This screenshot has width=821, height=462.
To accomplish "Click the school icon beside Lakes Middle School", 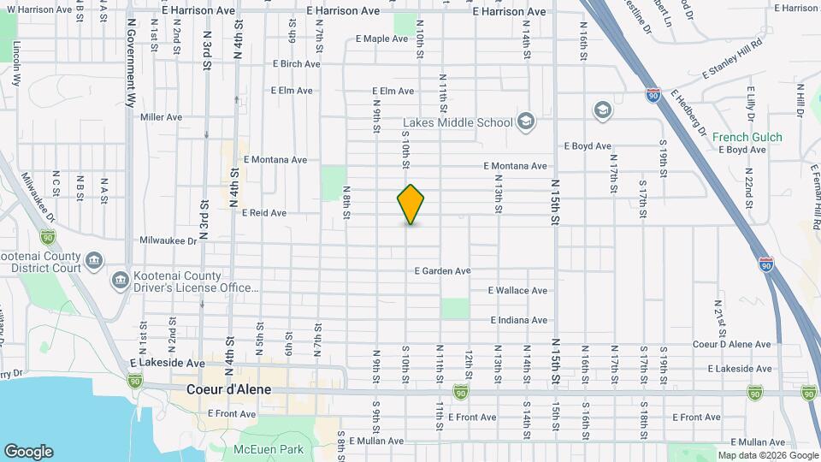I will click(524, 121).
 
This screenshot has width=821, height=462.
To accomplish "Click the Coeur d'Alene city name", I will click(228, 389).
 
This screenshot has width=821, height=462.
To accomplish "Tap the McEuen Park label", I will click(269, 448).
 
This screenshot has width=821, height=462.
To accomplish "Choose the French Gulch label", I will click(741, 137).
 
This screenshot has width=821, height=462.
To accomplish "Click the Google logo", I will click(28, 452).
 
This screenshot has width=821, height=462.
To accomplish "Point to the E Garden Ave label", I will click(442, 271).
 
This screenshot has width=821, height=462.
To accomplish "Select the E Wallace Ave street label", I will click(517, 291).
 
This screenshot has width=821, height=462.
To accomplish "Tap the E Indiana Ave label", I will click(518, 320).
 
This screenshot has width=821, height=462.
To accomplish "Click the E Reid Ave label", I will click(264, 213).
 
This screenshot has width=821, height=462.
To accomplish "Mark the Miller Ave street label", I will click(162, 117).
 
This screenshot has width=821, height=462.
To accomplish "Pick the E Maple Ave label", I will click(381, 39).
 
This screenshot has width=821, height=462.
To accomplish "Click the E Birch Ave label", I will click(296, 64).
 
